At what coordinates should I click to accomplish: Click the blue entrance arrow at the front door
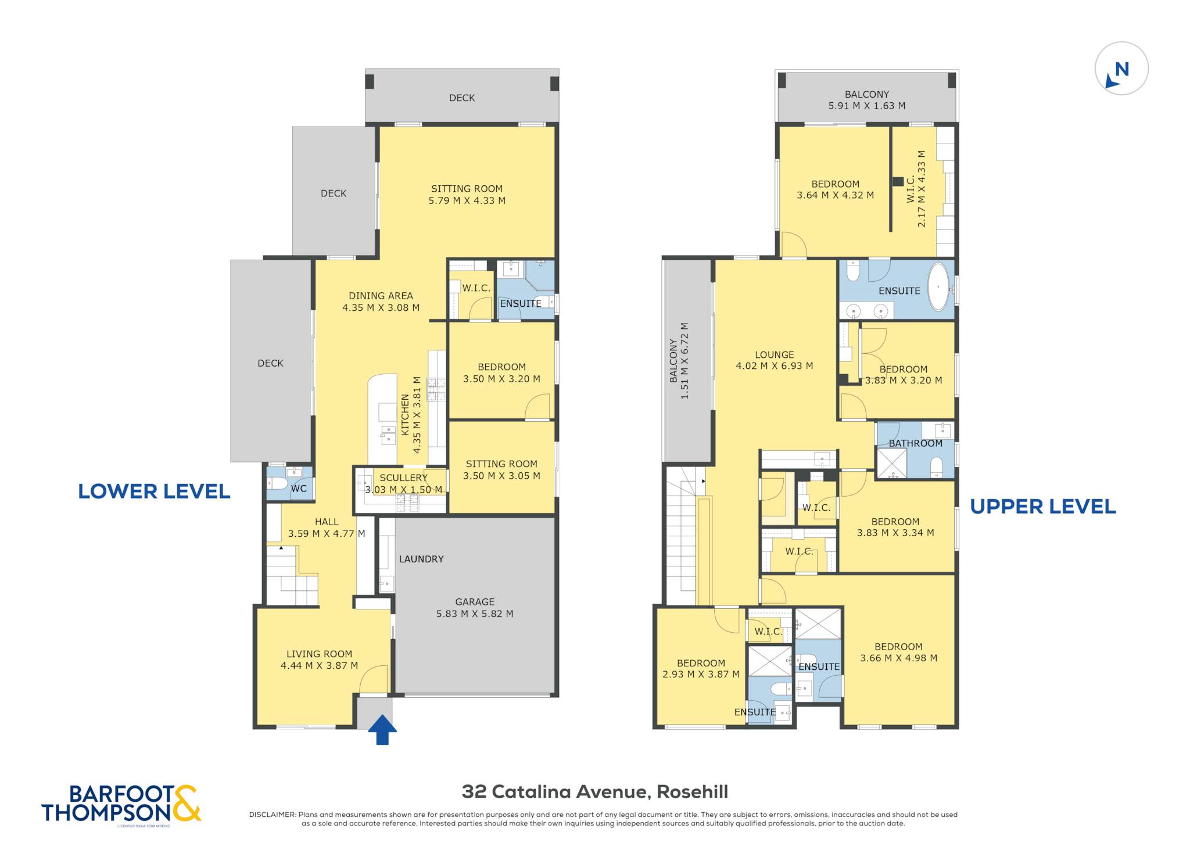382,729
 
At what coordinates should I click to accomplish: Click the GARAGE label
475,602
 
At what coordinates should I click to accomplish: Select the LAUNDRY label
421,559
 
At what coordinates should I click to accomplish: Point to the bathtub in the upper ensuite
938,287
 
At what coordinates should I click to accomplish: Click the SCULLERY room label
403,478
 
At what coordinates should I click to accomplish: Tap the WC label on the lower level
299,489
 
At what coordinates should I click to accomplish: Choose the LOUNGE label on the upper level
774,354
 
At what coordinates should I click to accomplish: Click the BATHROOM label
915,443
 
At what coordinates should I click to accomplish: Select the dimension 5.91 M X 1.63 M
866,106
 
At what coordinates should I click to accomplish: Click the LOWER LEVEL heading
154,492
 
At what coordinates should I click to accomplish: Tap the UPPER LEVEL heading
1043,507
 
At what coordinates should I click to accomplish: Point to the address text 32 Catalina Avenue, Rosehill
594,791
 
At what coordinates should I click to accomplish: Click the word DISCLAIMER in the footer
272,815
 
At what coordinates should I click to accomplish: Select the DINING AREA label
381,296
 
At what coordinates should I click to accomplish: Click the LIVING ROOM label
319,654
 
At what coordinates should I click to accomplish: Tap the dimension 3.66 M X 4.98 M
898,658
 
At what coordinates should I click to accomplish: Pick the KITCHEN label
405,415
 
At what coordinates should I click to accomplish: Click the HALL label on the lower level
327,522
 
